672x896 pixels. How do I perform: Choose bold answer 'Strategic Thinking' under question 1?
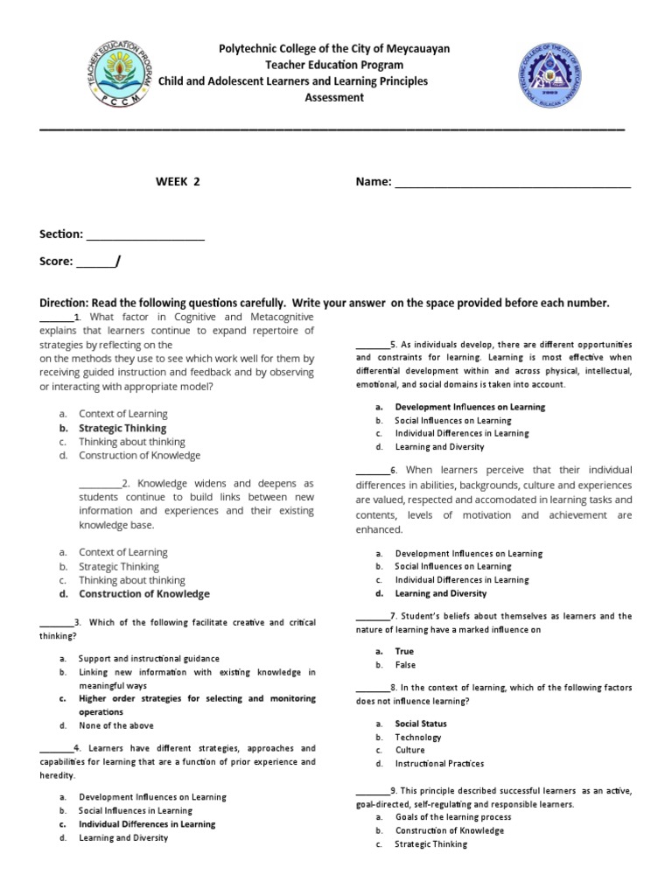pyautogui.click(x=122, y=428)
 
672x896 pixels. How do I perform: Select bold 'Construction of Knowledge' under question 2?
pyautogui.click(x=144, y=594)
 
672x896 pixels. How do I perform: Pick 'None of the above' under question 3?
pyautogui.click(x=115, y=725)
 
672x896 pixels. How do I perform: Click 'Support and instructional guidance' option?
pyautogui.click(x=149, y=658)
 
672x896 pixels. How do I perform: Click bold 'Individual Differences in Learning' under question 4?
pyautogui.click(x=147, y=824)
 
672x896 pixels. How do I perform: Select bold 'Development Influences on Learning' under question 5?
pyautogui.click(x=470, y=407)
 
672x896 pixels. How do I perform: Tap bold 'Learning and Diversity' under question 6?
pyautogui.click(x=440, y=593)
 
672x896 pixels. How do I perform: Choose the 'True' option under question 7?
pyautogui.click(x=404, y=651)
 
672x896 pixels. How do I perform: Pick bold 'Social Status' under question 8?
pyautogui.click(x=421, y=724)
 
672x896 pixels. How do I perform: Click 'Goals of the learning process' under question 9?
pyautogui.click(x=453, y=817)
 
